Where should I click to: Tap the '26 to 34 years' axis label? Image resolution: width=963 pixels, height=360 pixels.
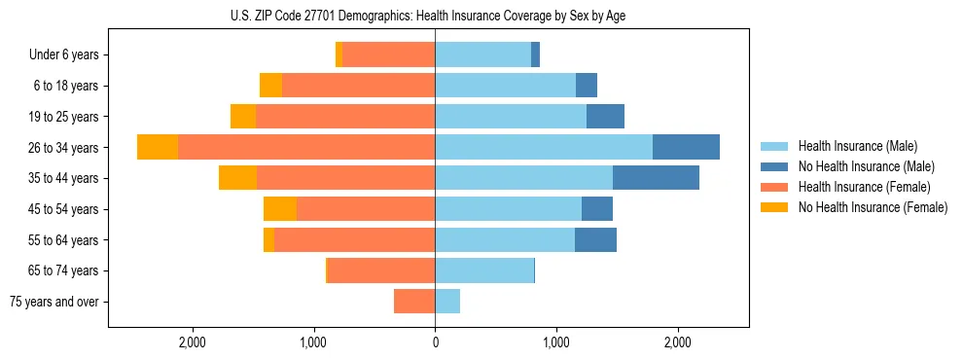pos(64,148)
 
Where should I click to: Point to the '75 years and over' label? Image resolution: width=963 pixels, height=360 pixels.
pos(54,302)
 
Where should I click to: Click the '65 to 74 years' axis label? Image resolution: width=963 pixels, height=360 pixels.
pos(64,270)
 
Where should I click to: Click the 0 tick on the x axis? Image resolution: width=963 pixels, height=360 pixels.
pos(435,342)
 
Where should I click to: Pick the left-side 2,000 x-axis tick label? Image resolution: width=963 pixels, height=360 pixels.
pos(193,342)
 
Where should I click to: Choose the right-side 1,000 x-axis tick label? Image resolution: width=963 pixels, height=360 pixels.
pos(556,342)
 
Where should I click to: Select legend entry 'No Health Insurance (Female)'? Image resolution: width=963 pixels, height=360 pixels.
pos(873,207)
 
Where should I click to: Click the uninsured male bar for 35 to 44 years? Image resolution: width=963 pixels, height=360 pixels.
pos(656,178)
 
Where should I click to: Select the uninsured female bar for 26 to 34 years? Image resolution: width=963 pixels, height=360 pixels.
pos(158,147)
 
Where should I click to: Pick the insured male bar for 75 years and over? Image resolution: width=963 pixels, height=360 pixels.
pos(447,302)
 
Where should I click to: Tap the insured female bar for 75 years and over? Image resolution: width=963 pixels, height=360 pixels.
pos(414,302)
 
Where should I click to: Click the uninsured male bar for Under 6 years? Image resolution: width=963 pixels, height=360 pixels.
pos(535,55)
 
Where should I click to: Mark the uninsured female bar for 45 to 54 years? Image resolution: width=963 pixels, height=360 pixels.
pos(280,209)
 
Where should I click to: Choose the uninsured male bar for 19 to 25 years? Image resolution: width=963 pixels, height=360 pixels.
pos(605,117)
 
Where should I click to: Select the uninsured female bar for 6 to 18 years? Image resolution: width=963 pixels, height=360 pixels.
pos(270,86)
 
